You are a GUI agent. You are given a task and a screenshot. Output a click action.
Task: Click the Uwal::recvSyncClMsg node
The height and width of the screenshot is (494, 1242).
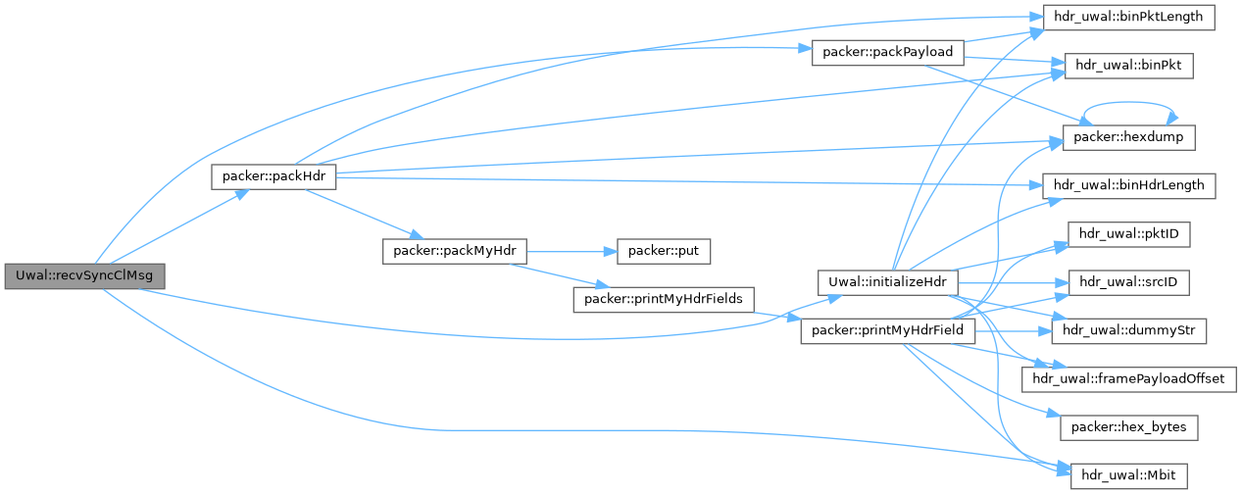83,276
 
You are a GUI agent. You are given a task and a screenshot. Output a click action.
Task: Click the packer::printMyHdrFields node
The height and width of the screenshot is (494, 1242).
662,298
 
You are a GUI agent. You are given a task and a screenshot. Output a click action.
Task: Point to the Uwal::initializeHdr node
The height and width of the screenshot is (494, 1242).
887,282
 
